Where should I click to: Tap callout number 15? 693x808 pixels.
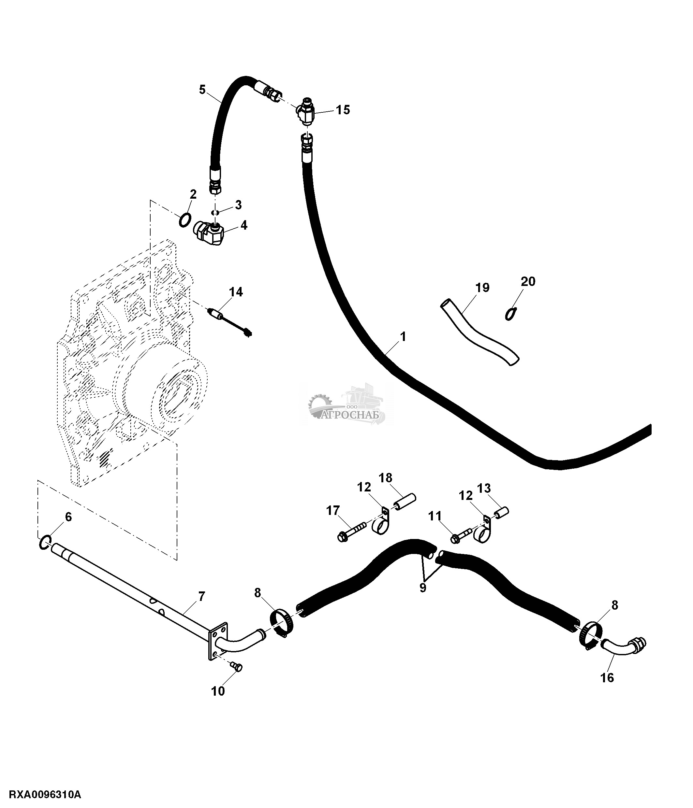343,110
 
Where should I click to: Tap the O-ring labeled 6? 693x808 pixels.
45,543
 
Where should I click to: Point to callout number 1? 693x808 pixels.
403,336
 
